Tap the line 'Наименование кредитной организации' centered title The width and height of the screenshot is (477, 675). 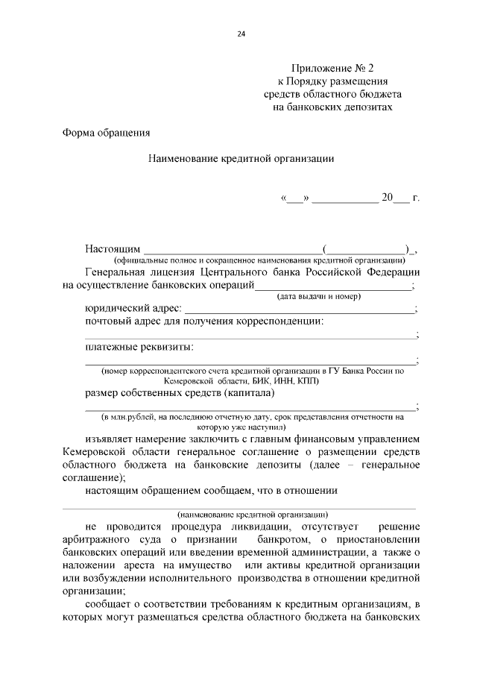241,158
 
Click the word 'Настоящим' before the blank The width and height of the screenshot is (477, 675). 113,248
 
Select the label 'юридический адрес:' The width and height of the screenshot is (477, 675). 133,309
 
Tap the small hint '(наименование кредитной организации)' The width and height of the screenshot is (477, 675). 253,515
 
